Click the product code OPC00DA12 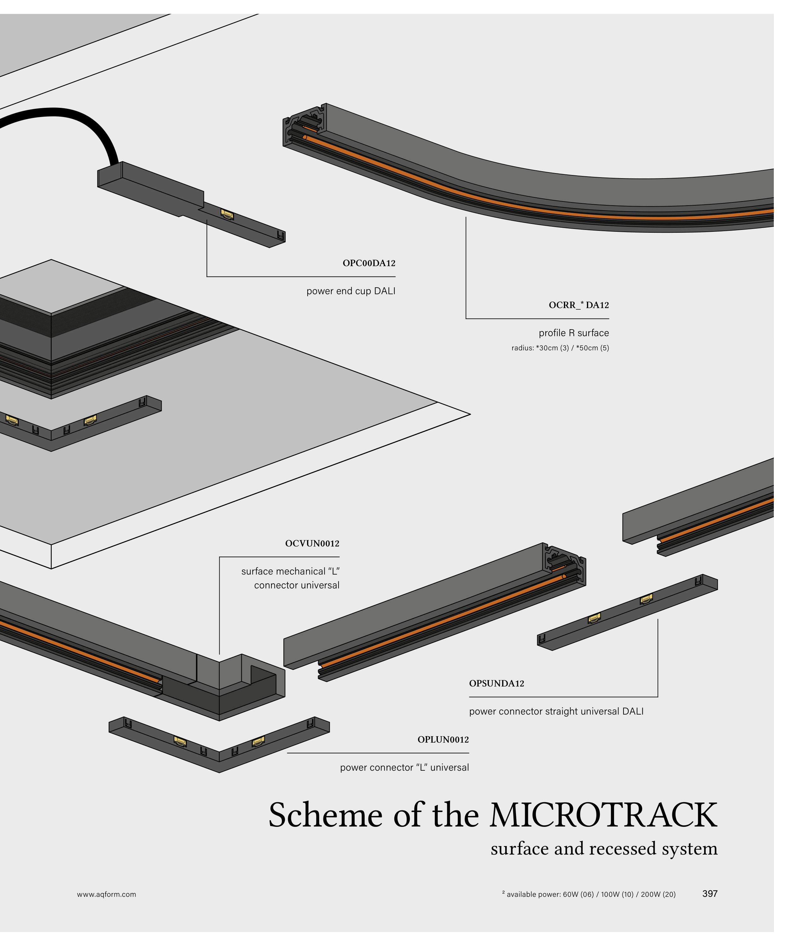[369, 263]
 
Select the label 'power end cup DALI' [351, 291]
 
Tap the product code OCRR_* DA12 [579, 305]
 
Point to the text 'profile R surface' [574, 333]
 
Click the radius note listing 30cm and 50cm [560, 348]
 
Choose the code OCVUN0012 [312, 543]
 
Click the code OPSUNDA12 [497, 683]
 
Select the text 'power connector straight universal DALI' [556, 711]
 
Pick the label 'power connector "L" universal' [404, 767]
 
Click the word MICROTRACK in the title [603, 815]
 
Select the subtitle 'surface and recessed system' [604, 849]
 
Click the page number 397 [710, 894]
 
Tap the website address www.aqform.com [106, 894]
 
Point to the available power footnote [589, 894]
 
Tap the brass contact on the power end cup [227, 214]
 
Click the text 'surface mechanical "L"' [290, 571]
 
